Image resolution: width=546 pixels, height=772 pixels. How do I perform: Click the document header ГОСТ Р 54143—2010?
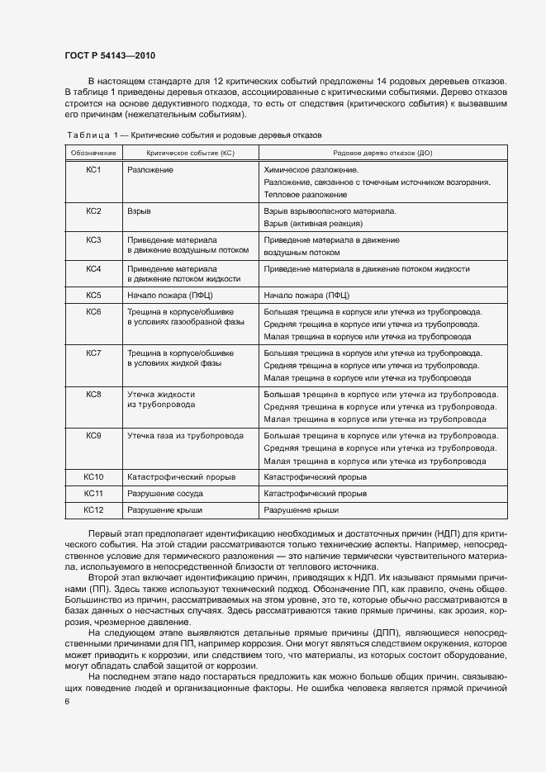[x=110, y=56]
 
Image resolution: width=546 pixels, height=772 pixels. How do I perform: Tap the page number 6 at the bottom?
[x=67, y=700]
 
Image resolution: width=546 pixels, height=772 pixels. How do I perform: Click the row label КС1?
[x=93, y=169]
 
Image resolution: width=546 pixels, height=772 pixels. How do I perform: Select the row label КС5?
[x=93, y=295]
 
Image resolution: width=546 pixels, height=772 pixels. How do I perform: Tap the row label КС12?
[x=93, y=511]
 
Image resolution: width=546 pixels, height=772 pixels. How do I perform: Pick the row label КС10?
[x=93, y=477]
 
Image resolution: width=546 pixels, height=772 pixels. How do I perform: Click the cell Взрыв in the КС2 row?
[x=139, y=211]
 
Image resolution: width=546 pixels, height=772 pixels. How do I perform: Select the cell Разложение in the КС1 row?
[x=150, y=169]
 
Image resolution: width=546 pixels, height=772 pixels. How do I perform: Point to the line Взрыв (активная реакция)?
[x=313, y=223]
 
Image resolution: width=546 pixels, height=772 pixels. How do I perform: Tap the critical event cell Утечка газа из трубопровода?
[x=184, y=435]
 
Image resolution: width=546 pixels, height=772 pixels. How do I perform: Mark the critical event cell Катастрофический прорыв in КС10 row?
[x=181, y=477]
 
